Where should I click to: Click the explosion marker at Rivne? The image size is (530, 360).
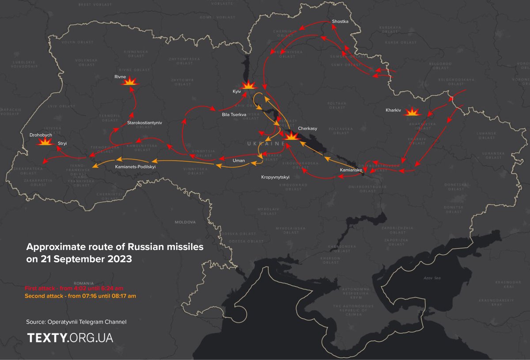130,82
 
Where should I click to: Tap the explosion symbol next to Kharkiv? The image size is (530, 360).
413,112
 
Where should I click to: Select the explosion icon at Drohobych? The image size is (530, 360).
44,142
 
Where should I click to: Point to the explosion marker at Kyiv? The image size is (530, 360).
250,85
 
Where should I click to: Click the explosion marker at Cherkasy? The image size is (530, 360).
291,137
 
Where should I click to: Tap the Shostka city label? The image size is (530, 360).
340,21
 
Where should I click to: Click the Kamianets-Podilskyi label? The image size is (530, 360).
135,167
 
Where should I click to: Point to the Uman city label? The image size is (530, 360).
238,161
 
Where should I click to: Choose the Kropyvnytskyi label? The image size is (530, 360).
275,177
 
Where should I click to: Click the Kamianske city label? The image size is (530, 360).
351,170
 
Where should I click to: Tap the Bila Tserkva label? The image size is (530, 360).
234,114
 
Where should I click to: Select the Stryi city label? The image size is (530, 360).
62,144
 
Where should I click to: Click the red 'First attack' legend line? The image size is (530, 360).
74,288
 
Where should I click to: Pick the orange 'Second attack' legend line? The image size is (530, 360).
80,296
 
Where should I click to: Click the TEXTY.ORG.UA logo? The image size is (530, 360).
70,338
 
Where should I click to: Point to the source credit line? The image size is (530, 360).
76,322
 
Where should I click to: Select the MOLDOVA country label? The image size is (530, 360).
185,222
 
